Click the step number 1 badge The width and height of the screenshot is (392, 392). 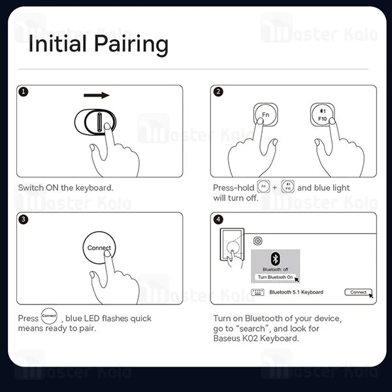pyautogui.click(x=24, y=91)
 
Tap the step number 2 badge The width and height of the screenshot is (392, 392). pyautogui.click(x=218, y=91)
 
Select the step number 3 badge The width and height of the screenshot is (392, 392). pyautogui.click(x=24, y=220)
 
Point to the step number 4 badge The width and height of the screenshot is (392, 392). pyautogui.click(x=218, y=220)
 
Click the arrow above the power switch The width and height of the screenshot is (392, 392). pyautogui.click(x=97, y=95)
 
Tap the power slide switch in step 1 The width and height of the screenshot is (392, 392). pyautogui.click(x=95, y=122)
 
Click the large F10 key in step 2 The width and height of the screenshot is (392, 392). pyautogui.click(x=322, y=115)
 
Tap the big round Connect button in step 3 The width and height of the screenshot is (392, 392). pyautogui.click(x=99, y=248)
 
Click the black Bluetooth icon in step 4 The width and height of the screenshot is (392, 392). pyautogui.click(x=275, y=259)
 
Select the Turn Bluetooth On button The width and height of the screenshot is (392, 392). pyautogui.click(x=275, y=277)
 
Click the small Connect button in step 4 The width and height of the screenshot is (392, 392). pyautogui.click(x=358, y=292)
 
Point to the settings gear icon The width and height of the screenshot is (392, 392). pyautogui.click(x=258, y=241)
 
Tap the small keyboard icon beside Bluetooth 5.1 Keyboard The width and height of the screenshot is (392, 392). pyautogui.click(x=258, y=292)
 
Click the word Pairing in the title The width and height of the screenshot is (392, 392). pyautogui.click(x=131, y=44)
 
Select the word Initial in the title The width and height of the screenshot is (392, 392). pyautogui.click(x=57, y=44)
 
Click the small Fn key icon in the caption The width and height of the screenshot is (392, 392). pyautogui.click(x=263, y=186)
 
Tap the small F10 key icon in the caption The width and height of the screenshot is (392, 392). pyautogui.click(x=287, y=186)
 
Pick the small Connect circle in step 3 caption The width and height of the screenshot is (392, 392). pyautogui.click(x=49, y=316)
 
